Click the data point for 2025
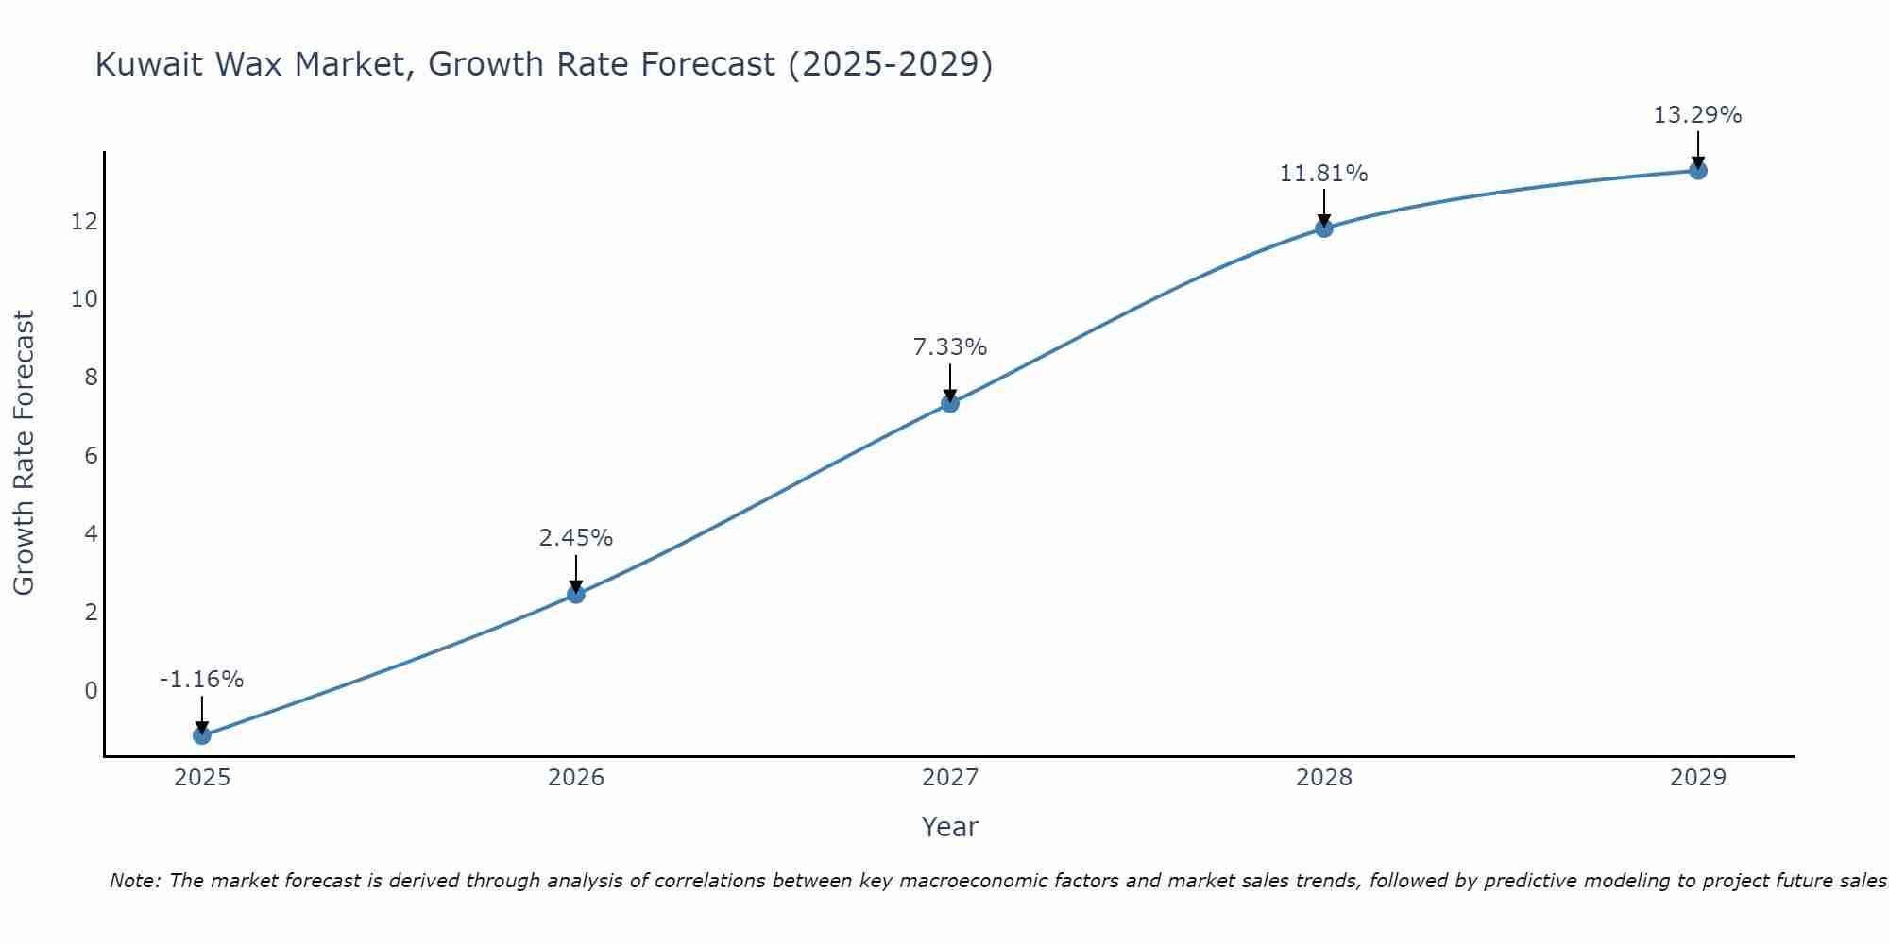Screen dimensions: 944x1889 click(x=202, y=735)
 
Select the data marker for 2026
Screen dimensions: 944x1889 click(x=576, y=594)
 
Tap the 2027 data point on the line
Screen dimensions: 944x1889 click(x=950, y=403)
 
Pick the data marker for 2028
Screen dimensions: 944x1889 click(x=1324, y=228)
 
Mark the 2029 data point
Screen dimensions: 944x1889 click(x=1698, y=170)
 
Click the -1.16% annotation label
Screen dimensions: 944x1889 click(x=202, y=680)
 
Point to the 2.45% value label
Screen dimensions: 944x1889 click(x=576, y=538)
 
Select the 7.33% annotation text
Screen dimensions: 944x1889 click(x=950, y=347)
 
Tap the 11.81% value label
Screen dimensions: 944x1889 click(x=1324, y=174)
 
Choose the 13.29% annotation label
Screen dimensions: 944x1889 click(x=1698, y=115)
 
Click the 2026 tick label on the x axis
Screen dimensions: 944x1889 click(x=576, y=778)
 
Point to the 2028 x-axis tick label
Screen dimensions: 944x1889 click(x=1324, y=778)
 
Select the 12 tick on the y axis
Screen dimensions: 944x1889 click(x=84, y=222)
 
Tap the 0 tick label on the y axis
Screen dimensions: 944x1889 click(x=91, y=690)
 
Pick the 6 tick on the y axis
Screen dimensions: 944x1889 click(x=91, y=456)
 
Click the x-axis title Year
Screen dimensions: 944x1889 click(x=950, y=827)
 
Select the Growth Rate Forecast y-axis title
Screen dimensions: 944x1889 click(x=25, y=453)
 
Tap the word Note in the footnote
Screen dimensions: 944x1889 click(x=136, y=881)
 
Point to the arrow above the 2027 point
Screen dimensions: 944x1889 click(x=950, y=382)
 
